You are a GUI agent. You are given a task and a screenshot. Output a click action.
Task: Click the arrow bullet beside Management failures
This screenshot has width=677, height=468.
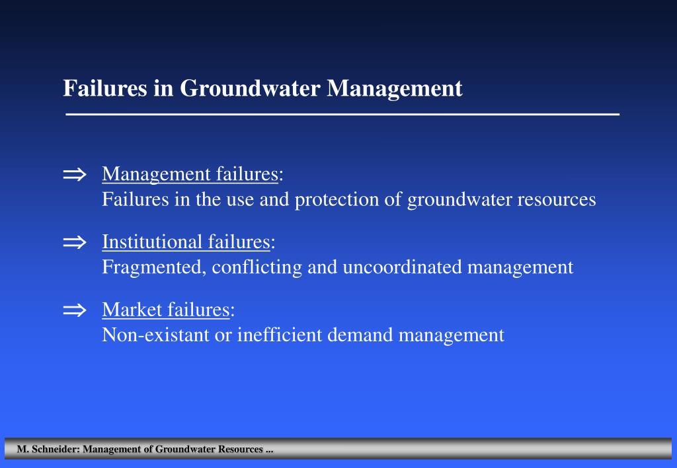coord(75,175)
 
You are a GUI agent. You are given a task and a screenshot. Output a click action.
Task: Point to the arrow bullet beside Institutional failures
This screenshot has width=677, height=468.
coord(75,243)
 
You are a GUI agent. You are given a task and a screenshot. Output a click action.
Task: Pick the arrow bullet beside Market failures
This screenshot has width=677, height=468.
coord(75,311)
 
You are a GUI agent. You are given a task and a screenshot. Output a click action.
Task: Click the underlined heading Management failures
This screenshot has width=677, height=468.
coord(190,174)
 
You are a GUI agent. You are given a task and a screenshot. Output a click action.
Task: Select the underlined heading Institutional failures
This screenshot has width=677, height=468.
coord(186,242)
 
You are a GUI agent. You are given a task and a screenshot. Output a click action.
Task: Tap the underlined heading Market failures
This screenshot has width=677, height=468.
coord(165,310)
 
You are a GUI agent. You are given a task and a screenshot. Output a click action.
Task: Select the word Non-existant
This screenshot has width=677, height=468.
coord(155,335)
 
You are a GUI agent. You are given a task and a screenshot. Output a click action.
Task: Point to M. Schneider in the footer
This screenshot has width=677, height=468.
coord(48,450)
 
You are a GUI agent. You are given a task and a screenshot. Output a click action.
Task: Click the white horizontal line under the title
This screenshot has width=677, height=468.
coord(342,115)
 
